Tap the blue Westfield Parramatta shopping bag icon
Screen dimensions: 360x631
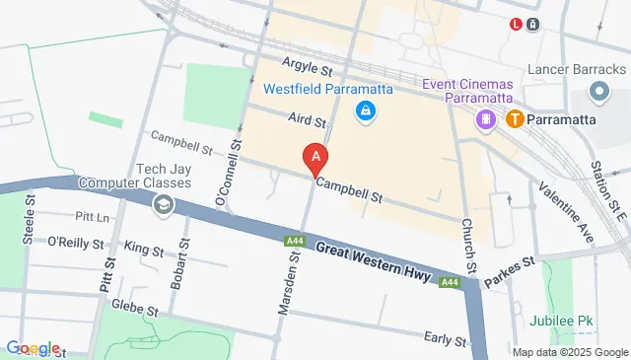[366, 110]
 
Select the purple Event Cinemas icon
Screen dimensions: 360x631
[485, 119]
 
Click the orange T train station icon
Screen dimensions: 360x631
[514, 119]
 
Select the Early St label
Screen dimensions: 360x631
[445, 340]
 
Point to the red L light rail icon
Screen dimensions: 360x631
[516, 25]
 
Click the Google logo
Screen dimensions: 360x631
[33, 348]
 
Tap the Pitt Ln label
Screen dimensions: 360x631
[92, 216]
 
